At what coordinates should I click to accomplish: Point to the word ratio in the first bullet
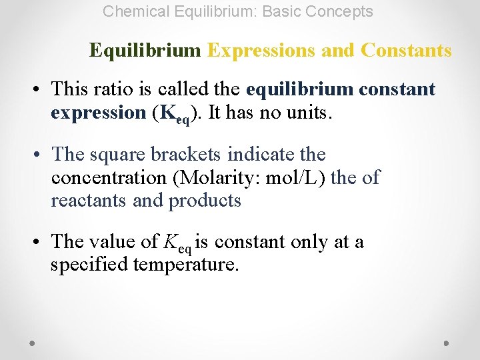pyautogui.click(x=113, y=89)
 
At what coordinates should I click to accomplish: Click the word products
pyautogui.click(x=205, y=201)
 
